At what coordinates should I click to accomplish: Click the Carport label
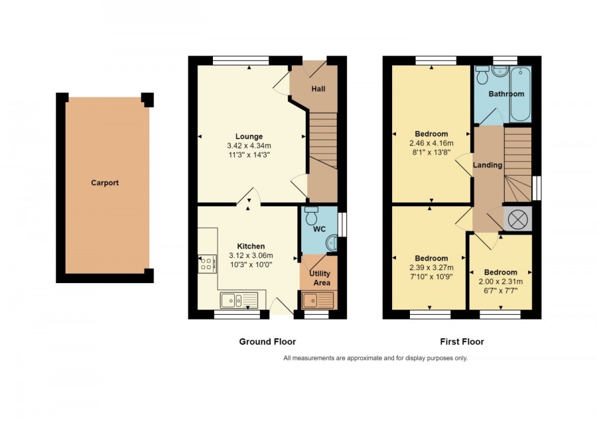click(x=105, y=182)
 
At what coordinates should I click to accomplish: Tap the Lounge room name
click(x=249, y=136)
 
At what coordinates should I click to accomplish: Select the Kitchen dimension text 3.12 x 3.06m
click(x=251, y=256)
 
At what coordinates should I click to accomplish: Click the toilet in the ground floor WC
click(x=312, y=215)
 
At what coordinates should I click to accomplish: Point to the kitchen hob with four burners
click(x=207, y=264)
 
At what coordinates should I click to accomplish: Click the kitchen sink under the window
click(x=239, y=300)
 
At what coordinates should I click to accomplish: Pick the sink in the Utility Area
click(x=318, y=300)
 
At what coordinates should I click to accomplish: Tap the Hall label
click(x=318, y=89)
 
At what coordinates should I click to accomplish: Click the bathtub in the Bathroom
click(x=521, y=94)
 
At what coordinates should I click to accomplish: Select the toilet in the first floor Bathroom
click(x=482, y=75)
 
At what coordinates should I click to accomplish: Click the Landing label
click(x=488, y=165)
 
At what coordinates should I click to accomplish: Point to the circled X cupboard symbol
click(x=517, y=220)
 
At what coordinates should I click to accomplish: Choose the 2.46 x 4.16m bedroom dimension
click(x=431, y=143)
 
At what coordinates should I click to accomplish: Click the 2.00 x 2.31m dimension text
click(x=501, y=282)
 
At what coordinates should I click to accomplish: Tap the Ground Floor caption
click(x=267, y=341)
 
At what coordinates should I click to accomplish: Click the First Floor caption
click(x=462, y=341)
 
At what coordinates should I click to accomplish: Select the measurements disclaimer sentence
click(x=375, y=358)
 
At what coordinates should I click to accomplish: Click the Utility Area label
click(x=320, y=278)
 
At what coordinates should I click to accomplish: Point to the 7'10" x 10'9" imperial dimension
click(x=431, y=276)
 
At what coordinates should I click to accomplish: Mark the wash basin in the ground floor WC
click(x=332, y=243)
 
